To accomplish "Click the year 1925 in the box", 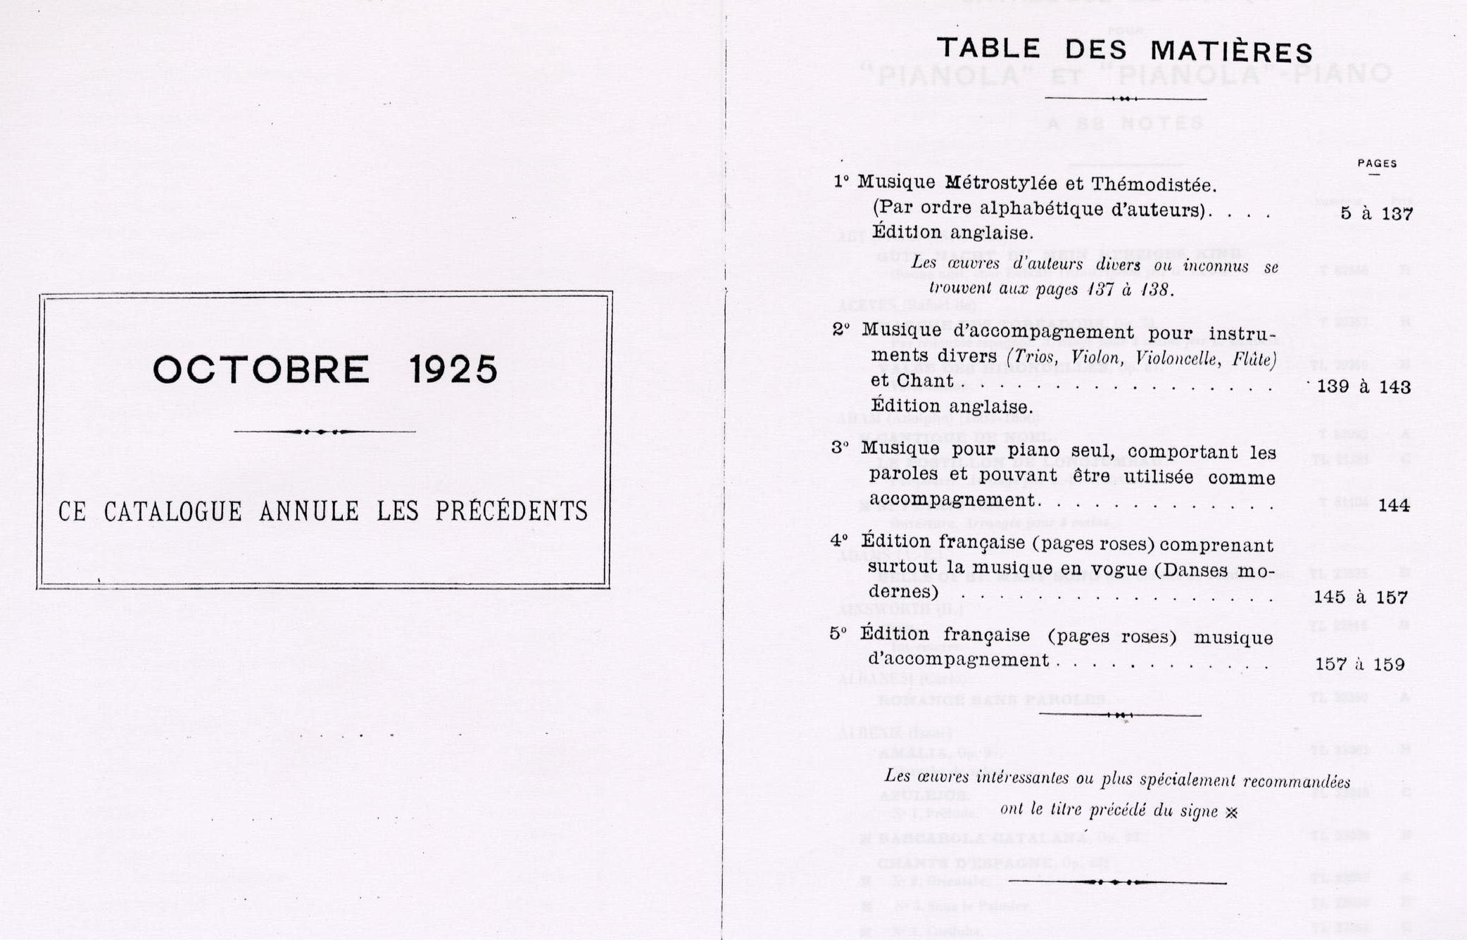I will (x=453, y=370).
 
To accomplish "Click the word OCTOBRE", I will (x=261, y=370).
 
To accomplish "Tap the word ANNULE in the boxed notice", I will (x=309, y=512).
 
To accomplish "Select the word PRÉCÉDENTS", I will (x=511, y=511).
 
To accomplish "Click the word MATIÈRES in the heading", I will (x=1231, y=52).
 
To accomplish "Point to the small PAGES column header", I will (x=1377, y=163).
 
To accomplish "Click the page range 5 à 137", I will (x=1376, y=214).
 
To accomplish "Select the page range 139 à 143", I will (x=1364, y=387).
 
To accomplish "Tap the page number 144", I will (x=1394, y=505).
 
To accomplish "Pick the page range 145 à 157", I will (x=1360, y=597).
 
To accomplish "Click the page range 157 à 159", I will (x=1359, y=664).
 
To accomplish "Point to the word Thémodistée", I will (x=1154, y=185).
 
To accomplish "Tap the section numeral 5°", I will (x=838, y=633).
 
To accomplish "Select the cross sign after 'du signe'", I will (x=1231, y=813).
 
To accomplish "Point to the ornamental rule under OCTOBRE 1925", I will (x=324, y=431).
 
